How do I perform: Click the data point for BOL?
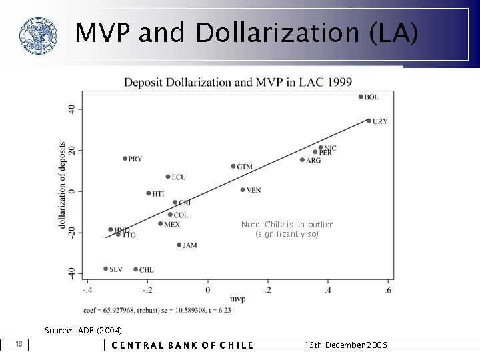coord(361,97)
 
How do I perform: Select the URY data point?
coord(369,121)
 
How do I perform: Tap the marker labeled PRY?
coord(125,159)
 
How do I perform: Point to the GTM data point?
coord(233,166)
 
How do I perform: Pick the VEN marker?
coord(243,190)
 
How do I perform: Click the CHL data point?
coord(136,269)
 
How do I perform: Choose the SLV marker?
coord(105,269)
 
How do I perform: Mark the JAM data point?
coord(179,245)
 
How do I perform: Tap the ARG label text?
coord(313,161)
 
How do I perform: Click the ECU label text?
coord(179,177)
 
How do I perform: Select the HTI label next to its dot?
coord(158,194)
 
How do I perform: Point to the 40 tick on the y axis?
coord(73,109)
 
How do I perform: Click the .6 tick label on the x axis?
coord(388,290)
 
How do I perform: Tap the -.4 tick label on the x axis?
coord(87,290)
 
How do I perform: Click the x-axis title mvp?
coord(238,299)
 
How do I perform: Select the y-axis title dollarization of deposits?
coord(62,185)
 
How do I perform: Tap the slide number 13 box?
coord(19,344)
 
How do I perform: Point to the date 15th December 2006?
coord(345,345)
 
